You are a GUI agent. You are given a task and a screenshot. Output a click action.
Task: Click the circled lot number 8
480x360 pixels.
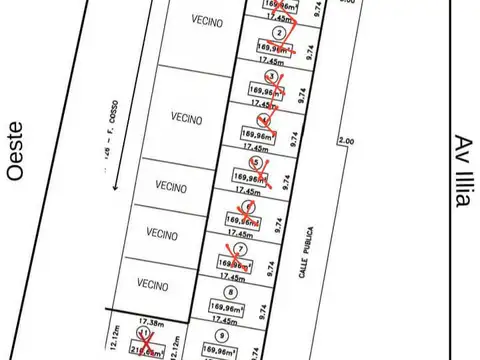231,292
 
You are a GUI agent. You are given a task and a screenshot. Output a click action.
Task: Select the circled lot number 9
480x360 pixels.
219,336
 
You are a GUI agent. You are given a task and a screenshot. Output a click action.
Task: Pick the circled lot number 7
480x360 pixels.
240,249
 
